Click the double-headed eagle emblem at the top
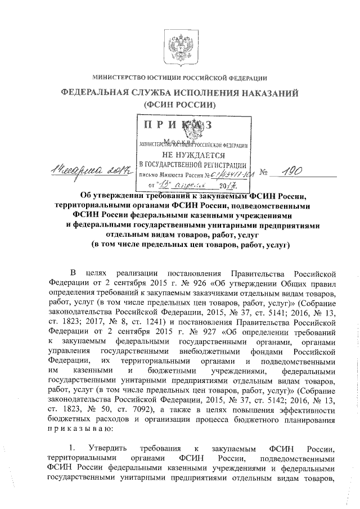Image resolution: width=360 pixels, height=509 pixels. coord(179,44)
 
